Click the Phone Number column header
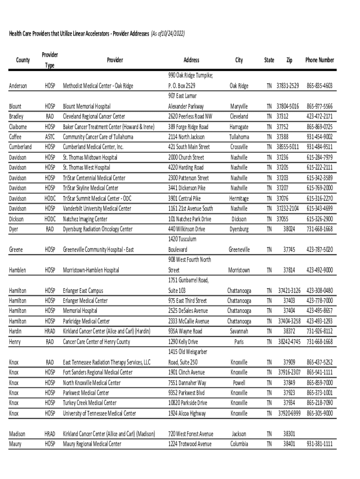[x=319, y=60]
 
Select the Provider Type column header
[x=50, y=60]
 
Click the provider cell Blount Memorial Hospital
[x=87, y=107]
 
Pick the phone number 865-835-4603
[x=319, y=86]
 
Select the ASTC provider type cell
[x=50, y=137]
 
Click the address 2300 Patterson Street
[x=188, y=178]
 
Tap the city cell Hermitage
[x=239, y=198]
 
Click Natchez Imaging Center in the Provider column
[x=85, y=219]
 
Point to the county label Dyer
[x=14, y=229]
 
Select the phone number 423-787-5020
[x=319, y=250]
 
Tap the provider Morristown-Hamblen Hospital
[x=91, y=270]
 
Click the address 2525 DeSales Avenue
[x=188, y=311]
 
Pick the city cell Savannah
[x=239, y=331]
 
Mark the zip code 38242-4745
[x=288, y=341]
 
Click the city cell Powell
[x=239, y=383]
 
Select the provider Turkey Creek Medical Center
[x=90, y=403]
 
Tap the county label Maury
[x=15, y=444]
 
